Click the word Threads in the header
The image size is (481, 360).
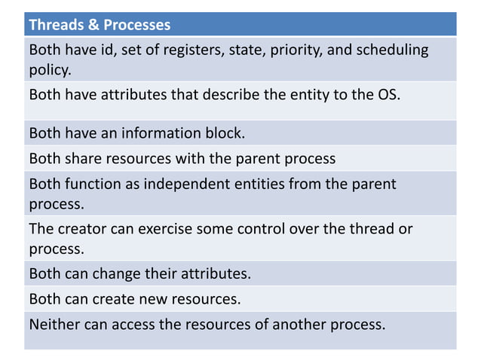point(55,25)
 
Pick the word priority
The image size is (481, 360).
point(283,50)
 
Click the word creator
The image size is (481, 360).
point(83,229)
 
